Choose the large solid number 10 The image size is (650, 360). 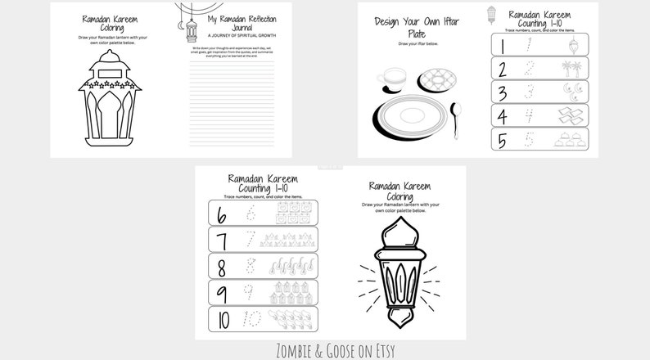pos(222,318)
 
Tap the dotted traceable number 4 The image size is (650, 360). pos(530,115)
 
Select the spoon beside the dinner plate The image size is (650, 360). pos(456,113)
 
